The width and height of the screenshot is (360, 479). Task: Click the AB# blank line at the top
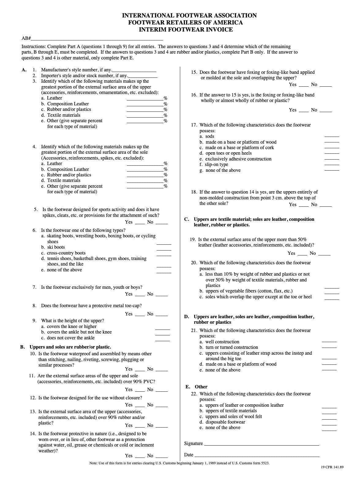(97, 40)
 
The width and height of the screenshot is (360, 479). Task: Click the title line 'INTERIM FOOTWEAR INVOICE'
(186, 30)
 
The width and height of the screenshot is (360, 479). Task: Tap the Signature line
(261, 444)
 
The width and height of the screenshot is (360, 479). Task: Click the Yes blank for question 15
(304, 86)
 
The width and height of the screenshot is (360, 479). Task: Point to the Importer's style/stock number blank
(143, 77)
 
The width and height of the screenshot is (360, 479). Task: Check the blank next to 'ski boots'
(164, 250)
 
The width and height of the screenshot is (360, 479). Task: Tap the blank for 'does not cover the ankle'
(162, 340)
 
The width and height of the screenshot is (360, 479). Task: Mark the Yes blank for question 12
(140, 406)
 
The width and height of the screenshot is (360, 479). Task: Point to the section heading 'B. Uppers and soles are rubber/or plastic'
(66, 347)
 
